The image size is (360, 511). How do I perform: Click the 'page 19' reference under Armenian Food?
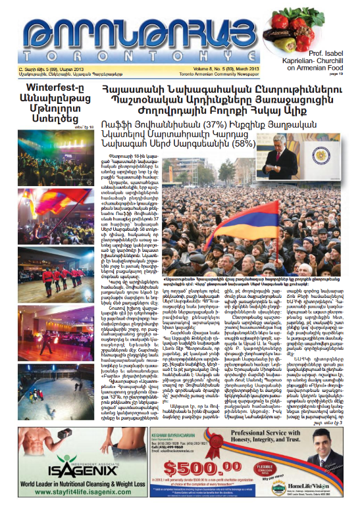(347, 75)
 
